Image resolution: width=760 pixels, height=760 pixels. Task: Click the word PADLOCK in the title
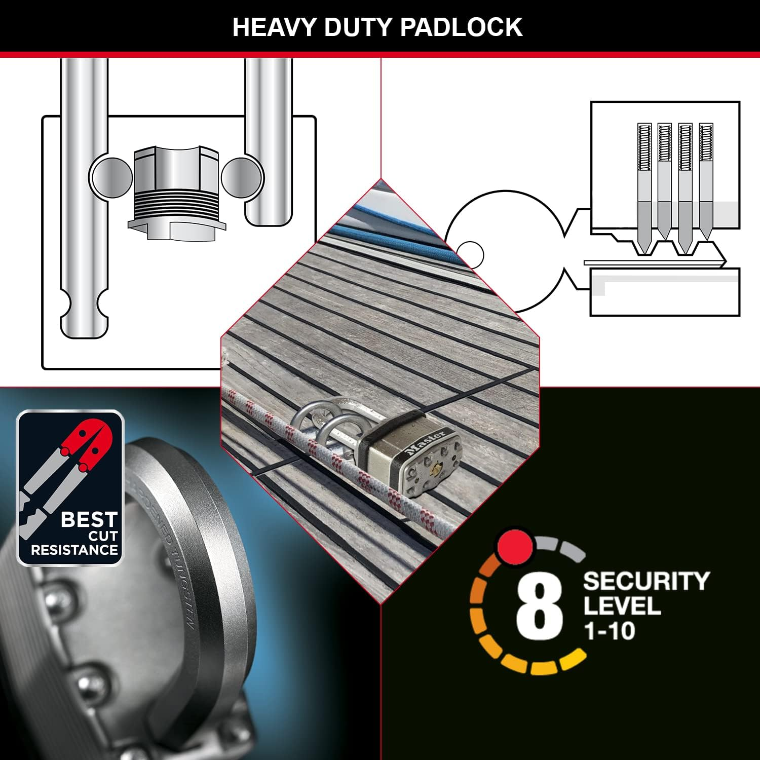pyautogui.click(x=461, y=27)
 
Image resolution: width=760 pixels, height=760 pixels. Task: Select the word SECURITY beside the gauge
pyautogui.click(x=646, y=581)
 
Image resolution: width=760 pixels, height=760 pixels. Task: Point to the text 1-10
pyautogui.click(x=609, y=631)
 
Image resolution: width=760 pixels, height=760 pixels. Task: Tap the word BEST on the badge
pyautogui.click(x=89, y=519)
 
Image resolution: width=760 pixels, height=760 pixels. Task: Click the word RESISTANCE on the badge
pyautogui.click(x=74, y=550)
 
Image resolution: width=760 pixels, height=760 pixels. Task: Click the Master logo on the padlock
pyautogui.click(x=425, y=442)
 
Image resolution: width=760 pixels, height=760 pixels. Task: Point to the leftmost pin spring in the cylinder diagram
pyautogui.click(x=644, y=147)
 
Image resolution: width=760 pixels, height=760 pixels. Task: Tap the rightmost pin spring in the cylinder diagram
pyautogui.click(x=706, y=147)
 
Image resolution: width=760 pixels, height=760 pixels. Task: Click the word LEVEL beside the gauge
pyautogui.click(x=622, y=606)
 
